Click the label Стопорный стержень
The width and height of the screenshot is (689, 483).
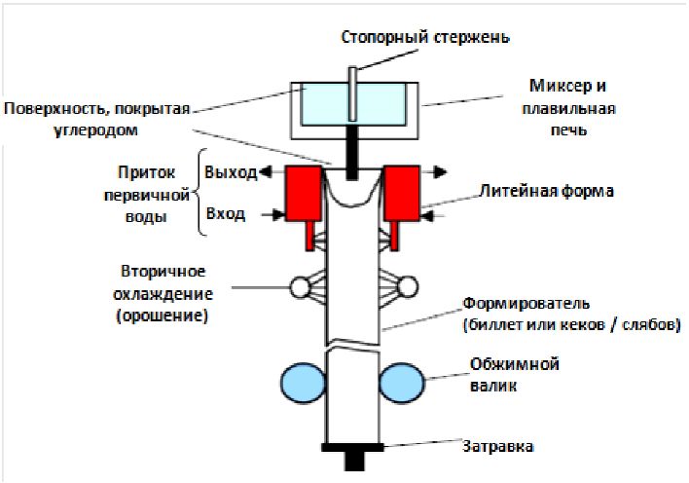[424, 38]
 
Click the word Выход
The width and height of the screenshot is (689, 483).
[231, 172]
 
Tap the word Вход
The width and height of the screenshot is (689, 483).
[225, 213]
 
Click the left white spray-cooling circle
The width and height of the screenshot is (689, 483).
[299, 287]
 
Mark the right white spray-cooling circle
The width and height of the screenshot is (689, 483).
[407, 286]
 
